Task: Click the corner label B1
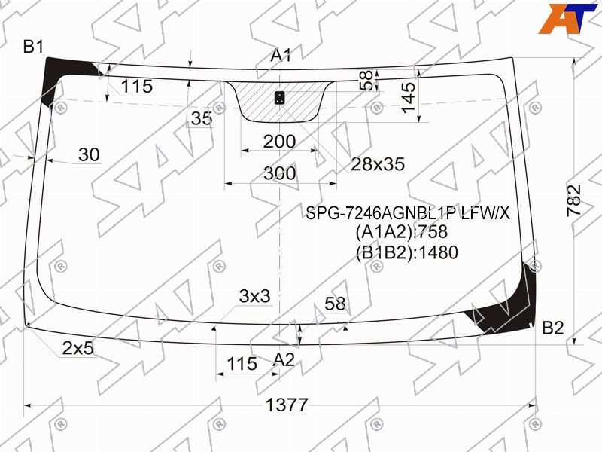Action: [x=34, y=47]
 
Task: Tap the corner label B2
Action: [x=553, y=328]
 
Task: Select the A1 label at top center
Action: [x=281, y=55]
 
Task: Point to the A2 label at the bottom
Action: [x=284, y=360]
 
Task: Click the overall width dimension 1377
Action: [x=287, y=405]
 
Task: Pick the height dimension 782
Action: [x=574, y=200]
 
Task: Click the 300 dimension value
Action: [x=280, y=173]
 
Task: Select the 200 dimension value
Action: [x=279, y=142]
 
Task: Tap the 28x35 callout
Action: [x=378, y=164]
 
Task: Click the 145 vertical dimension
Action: [x=409, y=98]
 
